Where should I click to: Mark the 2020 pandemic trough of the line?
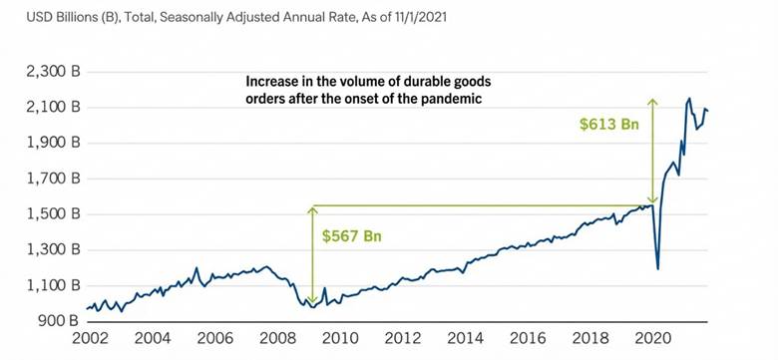pyautogui.click(x=657, y=267)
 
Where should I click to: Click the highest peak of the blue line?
pyautogui.click(x=689, y=99)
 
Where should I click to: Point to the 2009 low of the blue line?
pyautogui.click(x=312, y=307)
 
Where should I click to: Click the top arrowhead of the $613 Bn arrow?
pyautogui.click(x=651, y=101)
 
